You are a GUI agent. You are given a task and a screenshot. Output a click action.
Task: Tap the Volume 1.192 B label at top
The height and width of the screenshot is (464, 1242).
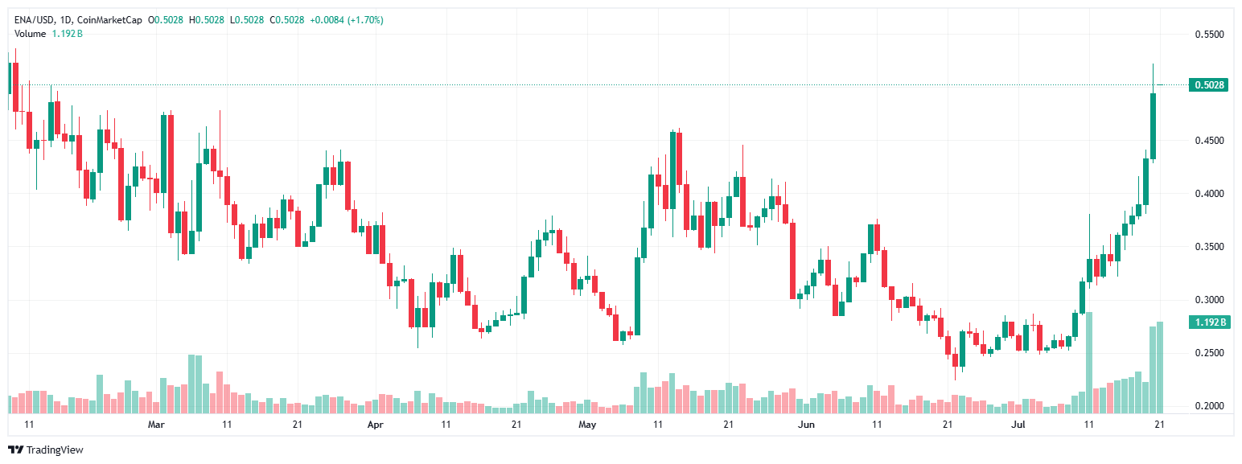[x=48, y=33]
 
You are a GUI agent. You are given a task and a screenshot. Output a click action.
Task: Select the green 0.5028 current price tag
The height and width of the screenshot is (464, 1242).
[x=1209, y=84]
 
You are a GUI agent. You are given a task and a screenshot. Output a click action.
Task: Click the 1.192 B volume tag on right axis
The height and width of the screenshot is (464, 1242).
[x=1209, y=322]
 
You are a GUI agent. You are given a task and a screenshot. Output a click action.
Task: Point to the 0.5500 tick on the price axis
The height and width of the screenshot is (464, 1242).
[x=1209, y=35]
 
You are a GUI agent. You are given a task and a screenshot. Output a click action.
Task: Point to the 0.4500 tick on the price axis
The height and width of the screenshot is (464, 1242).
[x=1209, y=141]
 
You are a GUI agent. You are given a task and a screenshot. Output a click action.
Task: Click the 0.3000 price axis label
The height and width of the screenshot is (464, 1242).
[x=1209, y=300]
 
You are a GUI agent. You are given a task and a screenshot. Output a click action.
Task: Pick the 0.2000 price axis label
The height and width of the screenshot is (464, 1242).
[x=1209, y=406]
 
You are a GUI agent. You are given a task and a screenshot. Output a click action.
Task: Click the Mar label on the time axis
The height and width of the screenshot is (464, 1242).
[x=157, y=424]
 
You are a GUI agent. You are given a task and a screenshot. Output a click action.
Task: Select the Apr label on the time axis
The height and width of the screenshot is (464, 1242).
[x=375, y=424]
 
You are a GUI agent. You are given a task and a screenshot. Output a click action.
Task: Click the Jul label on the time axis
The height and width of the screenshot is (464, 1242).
[x=1018, y=424]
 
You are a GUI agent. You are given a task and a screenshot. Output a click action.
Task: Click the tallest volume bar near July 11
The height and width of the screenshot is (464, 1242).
[x=1090, y=362]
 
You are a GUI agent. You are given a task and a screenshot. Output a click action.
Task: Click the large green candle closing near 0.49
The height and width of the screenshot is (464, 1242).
[x=1153, y=126]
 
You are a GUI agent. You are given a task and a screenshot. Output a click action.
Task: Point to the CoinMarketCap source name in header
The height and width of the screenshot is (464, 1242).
[x=122, y=19]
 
